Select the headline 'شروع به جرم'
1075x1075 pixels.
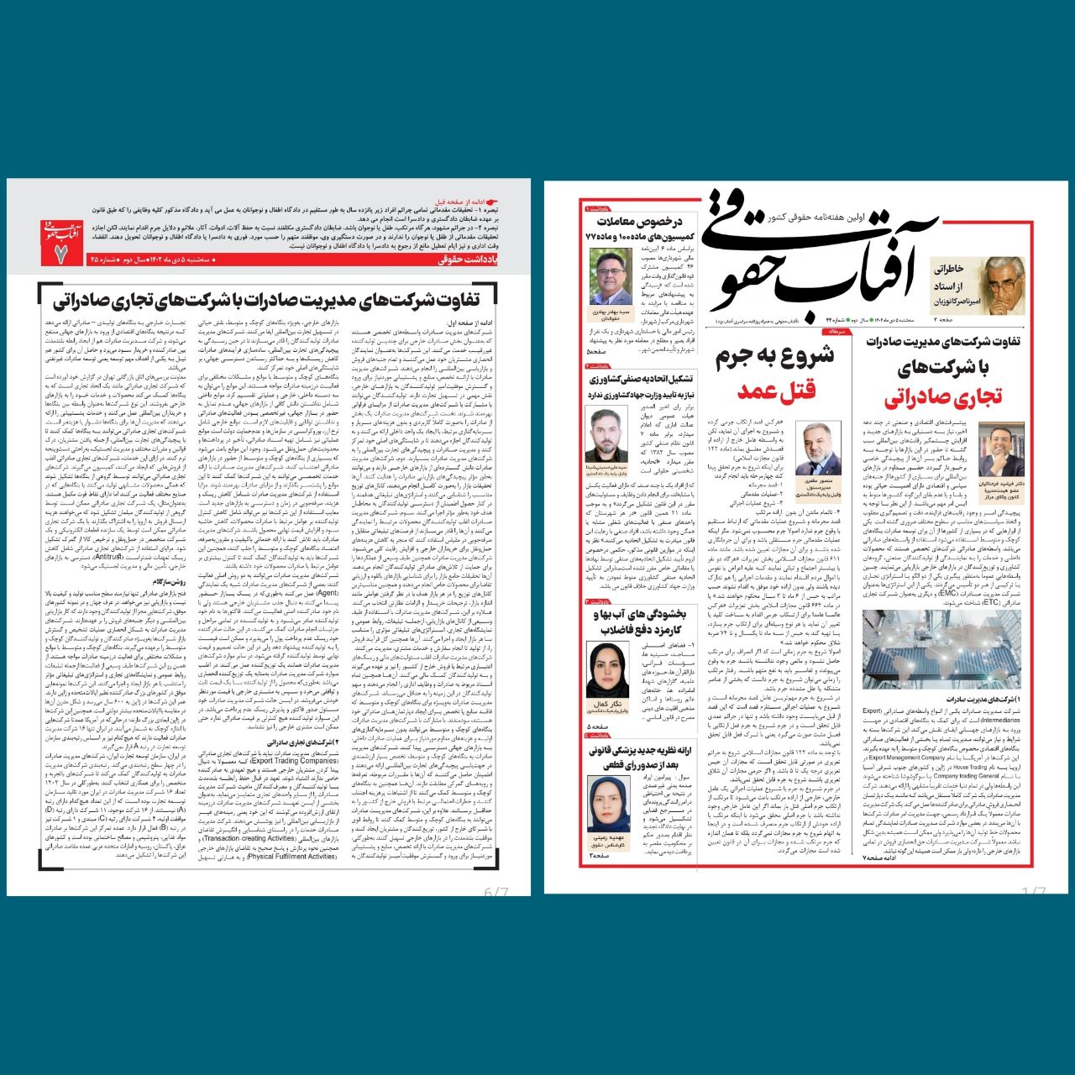[x=774, y=355]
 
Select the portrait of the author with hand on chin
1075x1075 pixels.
[x=1001, y=451]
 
